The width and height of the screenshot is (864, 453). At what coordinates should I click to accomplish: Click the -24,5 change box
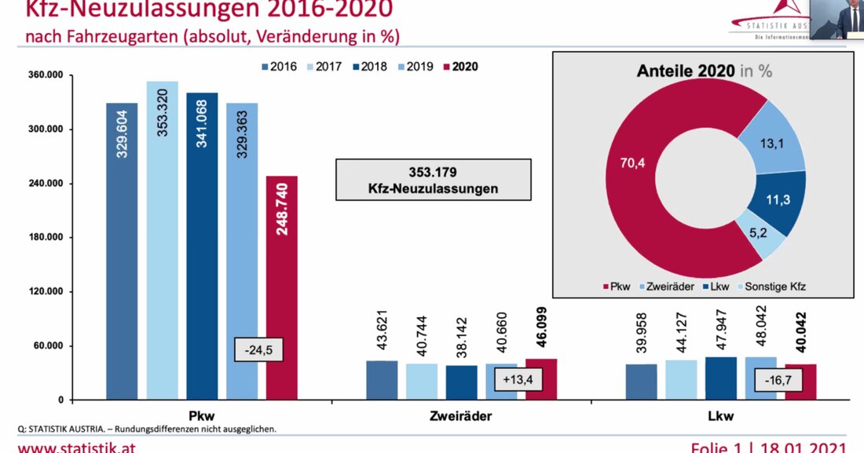pyautogui.click(x=258, y=349)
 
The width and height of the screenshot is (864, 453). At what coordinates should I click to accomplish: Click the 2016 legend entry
pyautogui.click(x=278, y=67)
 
